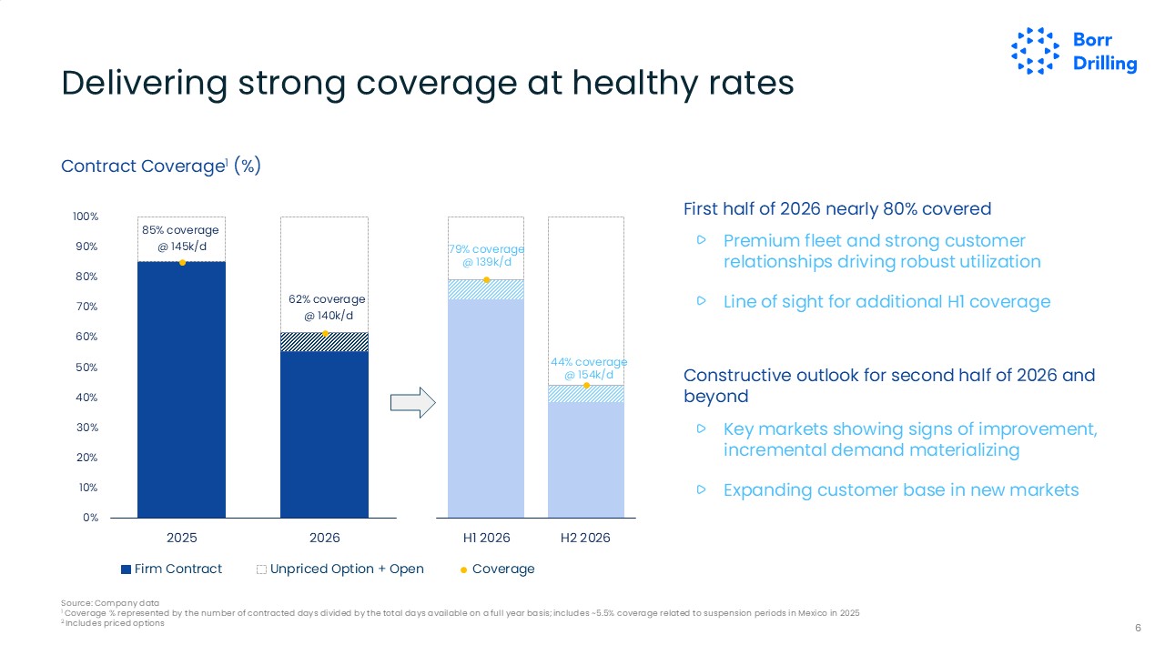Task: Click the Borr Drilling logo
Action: point(1074,51)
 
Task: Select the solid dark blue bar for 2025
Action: point(182,391)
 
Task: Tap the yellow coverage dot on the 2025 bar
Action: point(182,262)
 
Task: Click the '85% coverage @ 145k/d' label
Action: point(180,238)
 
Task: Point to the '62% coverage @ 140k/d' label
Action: point(325,307)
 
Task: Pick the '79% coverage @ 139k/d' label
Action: point(486,256)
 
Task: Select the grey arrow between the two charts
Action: point(413,403)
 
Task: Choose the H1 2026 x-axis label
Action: point(486,538)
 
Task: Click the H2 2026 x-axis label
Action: point(585,538)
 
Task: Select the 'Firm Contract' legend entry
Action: point(172,569)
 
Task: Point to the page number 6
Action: point(1138,628)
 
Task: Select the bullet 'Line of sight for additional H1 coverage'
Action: point(886,302)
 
